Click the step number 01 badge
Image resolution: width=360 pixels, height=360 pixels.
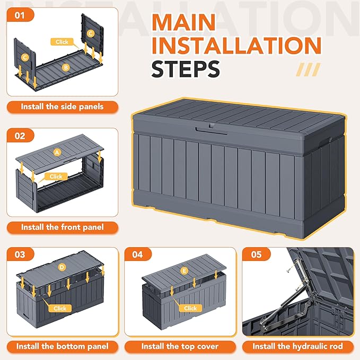[20, 15]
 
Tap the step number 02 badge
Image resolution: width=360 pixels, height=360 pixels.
[20, 136]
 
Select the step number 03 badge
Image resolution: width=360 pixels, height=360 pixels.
[20, 254]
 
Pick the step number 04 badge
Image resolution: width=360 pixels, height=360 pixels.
[138, 254]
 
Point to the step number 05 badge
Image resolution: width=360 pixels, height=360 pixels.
[257, 254]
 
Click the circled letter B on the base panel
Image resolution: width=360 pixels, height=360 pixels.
[66, 67]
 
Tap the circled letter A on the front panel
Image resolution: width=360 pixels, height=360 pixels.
[57, 152]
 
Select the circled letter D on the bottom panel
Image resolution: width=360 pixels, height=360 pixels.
[62, 267]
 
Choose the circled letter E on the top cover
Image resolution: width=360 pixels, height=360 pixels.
[185, 271]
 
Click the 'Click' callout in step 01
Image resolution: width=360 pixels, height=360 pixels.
[62, 42]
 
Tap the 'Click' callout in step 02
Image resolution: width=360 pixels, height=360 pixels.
[56, 177]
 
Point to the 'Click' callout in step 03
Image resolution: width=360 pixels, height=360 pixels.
[60, 309]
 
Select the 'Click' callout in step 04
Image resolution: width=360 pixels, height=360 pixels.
[190, 308]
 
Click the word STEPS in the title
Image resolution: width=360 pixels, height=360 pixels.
[186, 69]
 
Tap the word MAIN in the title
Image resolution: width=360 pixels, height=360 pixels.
[183, 22]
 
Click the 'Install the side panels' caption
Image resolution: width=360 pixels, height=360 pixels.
[62, 107]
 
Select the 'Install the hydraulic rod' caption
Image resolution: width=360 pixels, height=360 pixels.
[298, 346]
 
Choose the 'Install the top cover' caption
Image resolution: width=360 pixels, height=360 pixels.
[180, 346]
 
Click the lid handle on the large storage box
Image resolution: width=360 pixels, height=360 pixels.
[211, 131]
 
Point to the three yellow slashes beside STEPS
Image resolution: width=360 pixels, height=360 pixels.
[308, 69]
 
